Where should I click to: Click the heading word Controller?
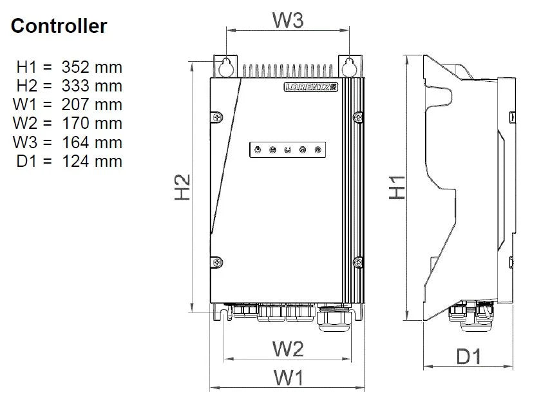pyautogui.click(x=59, y=26)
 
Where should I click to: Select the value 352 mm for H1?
pyautogui.click(x=91, y=66)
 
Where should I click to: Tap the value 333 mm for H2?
pyautogui.click(x=91, y=85)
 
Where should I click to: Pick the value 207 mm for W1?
pyautogui.click(x=91, y=104)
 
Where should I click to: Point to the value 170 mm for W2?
pyautogui.click(x=91, y=122)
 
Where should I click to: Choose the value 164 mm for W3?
pyautogui.click(x=91, y=141)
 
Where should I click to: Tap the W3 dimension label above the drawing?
pyautogui.click(x=287, y=20)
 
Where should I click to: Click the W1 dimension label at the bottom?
pyautogui.click(x=287, y=378)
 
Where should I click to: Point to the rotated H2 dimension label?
pyautogui.click(x=184, y=187)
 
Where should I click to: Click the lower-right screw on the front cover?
pyautogui.click(x=358, y=262)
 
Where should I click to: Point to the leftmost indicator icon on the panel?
pyautogui.click(x=258, y=150)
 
